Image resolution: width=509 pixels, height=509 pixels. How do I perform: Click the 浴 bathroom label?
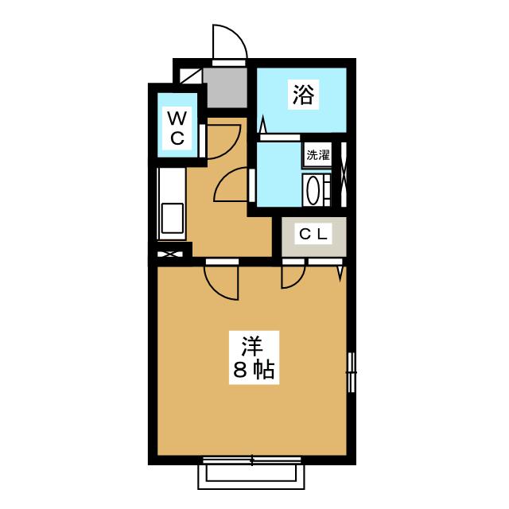point(303,95)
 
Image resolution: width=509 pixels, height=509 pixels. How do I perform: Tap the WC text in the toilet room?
point(177,128)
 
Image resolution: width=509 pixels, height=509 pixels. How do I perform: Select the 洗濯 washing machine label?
point(317,155)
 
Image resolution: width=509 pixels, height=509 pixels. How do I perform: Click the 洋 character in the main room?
point(252,347)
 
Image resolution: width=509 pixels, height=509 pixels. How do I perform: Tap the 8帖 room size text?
point(252,370)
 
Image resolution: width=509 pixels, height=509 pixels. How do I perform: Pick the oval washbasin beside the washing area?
point(313,192)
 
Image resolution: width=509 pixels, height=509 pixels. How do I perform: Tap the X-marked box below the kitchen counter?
point(170,255)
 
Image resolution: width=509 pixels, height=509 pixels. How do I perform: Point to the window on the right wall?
point(351,371)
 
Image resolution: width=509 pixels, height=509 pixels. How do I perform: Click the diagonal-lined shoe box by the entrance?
point(189,76)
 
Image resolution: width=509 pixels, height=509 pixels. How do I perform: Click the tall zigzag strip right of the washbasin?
point(343,175)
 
